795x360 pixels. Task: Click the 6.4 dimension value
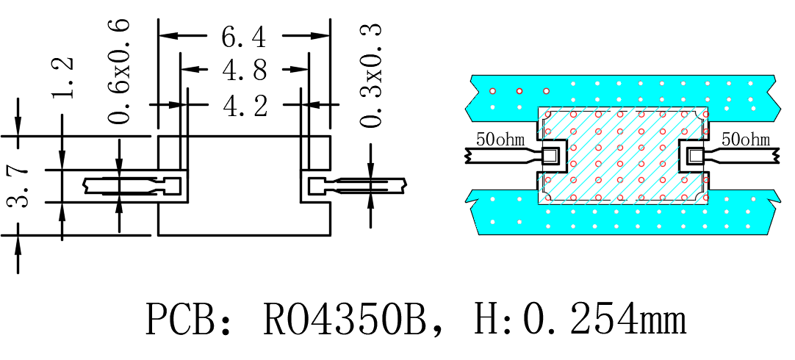tap(243, 37)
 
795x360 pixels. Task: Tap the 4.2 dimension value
tap(245, 106)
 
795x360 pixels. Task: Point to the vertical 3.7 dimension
tap(19, 186)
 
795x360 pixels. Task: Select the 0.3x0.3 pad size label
tap(370, 76)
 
